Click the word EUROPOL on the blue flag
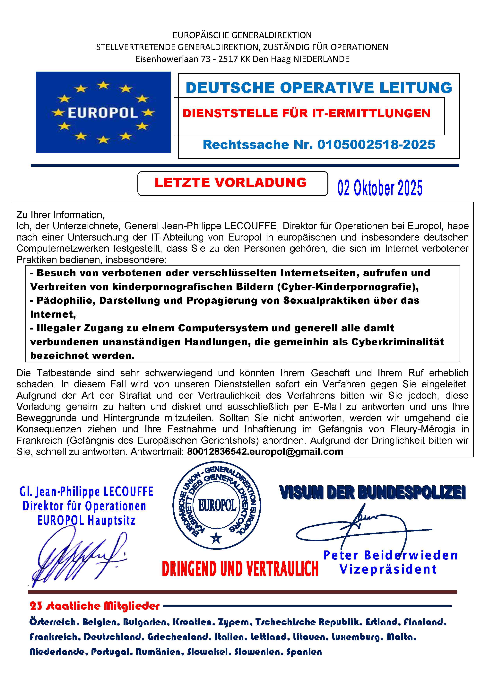tap(103, 113)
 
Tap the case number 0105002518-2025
tap(376, 145)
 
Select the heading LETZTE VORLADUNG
tap(230, 183)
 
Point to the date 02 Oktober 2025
tap(380, 188)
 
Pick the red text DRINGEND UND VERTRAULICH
tap(240, 569)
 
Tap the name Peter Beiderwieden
tap(390, 555)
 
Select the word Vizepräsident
tap(388, 569)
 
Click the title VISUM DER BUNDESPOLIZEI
tap(373, 493)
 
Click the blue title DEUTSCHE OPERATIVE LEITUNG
tap(319, 88)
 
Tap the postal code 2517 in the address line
tap(228, 59)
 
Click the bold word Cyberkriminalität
tap(397, 342)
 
